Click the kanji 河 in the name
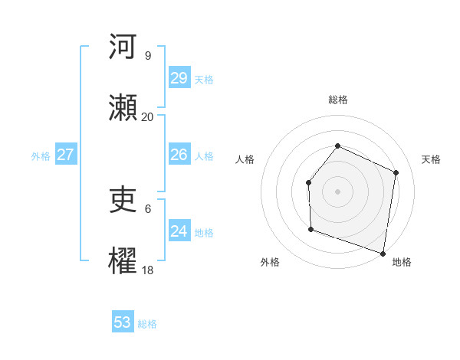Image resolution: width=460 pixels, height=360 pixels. (x=123, y=47)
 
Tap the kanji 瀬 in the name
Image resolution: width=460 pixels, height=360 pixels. (x=123, y=108)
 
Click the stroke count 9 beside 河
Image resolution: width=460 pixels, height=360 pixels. (x=147, y=55)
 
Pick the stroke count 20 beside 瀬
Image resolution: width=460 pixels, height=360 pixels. (x=147, y=116)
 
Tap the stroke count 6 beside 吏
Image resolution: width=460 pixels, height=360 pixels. (x=147, y=208)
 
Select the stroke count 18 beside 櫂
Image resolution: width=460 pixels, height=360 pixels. (x=147, y=270)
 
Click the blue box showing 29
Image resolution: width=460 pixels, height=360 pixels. (x=179, y=78)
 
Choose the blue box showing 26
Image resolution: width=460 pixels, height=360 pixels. (x=179, y=155)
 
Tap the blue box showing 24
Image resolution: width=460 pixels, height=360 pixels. (x=179, y=231)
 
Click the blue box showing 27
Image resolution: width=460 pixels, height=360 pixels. (x=66, y=155)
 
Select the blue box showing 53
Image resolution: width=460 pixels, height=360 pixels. (x=123, y=322)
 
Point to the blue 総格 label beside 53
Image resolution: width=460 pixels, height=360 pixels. (x=147, y=324)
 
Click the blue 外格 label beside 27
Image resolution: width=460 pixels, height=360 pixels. (x=41, y=156)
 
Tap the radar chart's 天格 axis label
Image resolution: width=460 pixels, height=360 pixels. (x=432, y=159)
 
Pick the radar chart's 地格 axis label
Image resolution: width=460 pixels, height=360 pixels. (x=402, y=262)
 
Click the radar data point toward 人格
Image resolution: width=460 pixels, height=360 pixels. (x=308, y=182)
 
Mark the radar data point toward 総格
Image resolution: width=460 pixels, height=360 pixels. (x=337, y=146)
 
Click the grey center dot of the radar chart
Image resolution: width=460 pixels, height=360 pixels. (x=337, y=191)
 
